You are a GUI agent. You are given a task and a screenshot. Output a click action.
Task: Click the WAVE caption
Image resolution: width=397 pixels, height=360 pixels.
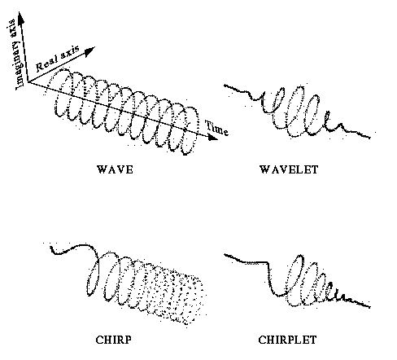point(115,169)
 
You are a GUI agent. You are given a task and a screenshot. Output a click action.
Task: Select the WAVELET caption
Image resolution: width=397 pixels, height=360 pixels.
point(289,169)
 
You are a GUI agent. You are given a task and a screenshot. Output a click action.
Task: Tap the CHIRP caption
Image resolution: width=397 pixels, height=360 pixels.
point(114,340)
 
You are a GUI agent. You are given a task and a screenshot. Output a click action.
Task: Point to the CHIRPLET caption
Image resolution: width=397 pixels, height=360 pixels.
point(287,340)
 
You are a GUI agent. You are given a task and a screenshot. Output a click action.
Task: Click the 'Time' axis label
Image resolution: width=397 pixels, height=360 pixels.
point(216,128)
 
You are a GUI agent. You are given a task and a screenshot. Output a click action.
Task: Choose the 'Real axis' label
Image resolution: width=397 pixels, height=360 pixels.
point(58,58)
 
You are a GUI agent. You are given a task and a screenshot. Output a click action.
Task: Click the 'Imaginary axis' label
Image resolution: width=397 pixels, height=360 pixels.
point(15,55)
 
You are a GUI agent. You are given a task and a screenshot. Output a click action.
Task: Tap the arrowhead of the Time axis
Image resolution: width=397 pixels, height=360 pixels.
point(213,137)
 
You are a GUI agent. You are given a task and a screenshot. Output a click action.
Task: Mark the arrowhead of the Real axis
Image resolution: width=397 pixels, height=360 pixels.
point(90,51)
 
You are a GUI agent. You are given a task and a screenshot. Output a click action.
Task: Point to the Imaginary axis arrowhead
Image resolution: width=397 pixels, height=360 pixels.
point(20,18)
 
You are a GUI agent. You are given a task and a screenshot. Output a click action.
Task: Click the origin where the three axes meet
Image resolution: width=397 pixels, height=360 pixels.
point(28,82)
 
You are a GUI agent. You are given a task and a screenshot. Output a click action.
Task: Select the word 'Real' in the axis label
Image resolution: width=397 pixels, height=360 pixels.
point(46,64)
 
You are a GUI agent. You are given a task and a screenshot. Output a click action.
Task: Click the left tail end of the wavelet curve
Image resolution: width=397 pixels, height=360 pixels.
point(225,86)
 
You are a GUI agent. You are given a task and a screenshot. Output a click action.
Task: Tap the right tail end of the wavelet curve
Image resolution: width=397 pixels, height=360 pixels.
point(369,138)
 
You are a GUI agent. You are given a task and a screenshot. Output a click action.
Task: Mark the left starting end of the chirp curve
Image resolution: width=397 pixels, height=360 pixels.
point(51,247)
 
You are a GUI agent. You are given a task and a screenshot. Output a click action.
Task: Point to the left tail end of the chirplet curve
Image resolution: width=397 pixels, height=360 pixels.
point(225,255)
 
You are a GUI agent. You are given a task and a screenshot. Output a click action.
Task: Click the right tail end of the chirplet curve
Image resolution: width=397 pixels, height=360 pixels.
point(369,307)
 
